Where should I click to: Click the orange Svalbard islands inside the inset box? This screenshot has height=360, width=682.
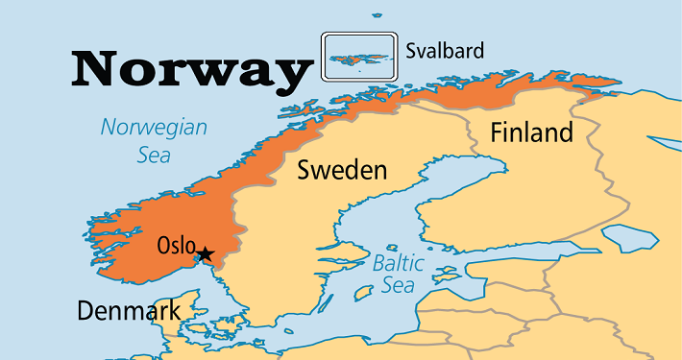point(360,57)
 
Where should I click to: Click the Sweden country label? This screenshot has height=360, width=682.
point(342,171)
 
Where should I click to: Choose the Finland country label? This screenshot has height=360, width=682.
point(531,132)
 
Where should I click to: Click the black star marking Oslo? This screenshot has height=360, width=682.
point(204,254)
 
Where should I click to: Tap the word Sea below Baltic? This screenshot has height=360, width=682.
point(398,285)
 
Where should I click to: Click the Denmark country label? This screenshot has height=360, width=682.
point(128,311)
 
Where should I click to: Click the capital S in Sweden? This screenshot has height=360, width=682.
point(304,171)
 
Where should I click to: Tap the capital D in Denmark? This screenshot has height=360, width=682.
point(85,311)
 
